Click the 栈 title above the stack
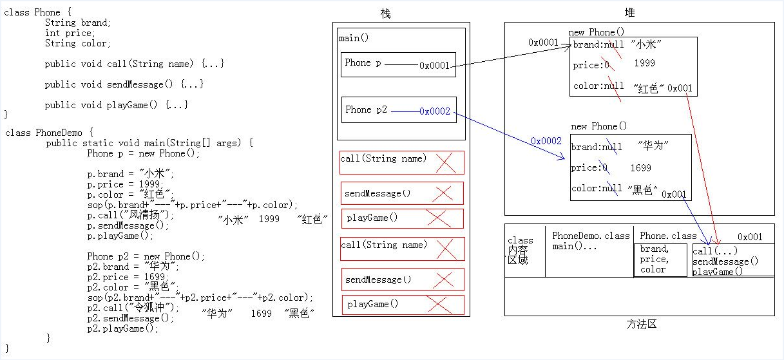(385, 14)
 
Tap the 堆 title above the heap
(629, 13)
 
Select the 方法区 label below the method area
(641, 324)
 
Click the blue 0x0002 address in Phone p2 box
(435, 111)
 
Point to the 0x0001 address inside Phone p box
(434, 66)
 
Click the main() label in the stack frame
(354, 38)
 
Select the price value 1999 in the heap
(644, 63)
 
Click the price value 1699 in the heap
(640, 168)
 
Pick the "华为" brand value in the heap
(653, 145)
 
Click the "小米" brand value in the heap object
(646, 44)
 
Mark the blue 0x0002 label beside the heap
(546, 140)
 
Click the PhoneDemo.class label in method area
(591, 236)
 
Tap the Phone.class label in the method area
(668, 236)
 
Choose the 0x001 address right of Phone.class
(750, 237)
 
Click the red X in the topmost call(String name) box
(446, 163)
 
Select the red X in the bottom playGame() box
(439, 305)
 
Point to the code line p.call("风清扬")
(130, 214)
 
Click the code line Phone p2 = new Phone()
(146, 256)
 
